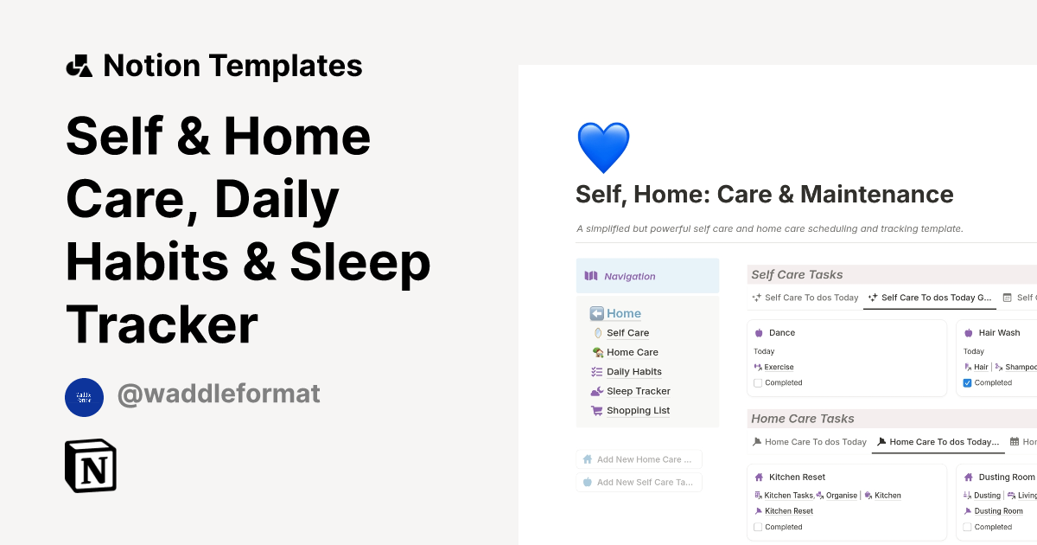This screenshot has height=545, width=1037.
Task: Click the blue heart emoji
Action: click(x=603, y=147)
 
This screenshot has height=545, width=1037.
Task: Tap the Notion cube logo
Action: click(x=91, y=465)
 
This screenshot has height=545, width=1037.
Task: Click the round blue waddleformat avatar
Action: click(x=84, y=397)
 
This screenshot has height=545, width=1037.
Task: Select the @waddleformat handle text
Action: click(x=219, y=394)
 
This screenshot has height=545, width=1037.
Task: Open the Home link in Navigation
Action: click(x=623, y=313)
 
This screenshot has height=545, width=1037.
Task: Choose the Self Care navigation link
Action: click(x=627, y=333)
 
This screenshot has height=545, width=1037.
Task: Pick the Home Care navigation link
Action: click(x=632, y=352)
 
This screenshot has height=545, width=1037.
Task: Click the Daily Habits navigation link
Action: click(x=633, y=372)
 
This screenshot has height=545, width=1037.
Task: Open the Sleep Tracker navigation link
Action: click(x=638, y=391)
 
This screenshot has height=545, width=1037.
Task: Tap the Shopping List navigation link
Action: click(x=638, y=411)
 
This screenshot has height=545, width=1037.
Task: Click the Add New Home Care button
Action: click(x=639, y=459)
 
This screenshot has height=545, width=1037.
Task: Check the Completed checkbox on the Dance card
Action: click(x=758, y=382)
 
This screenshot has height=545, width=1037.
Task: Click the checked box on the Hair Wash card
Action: click(x=967, y=382)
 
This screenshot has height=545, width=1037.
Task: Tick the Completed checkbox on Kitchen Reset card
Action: click(x=758, y=527)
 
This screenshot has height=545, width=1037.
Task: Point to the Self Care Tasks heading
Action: click(x=797, y=275)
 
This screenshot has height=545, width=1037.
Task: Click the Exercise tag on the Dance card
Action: click(x=779, y=367)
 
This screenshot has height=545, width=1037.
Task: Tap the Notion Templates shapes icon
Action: click(x=79, y=66)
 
